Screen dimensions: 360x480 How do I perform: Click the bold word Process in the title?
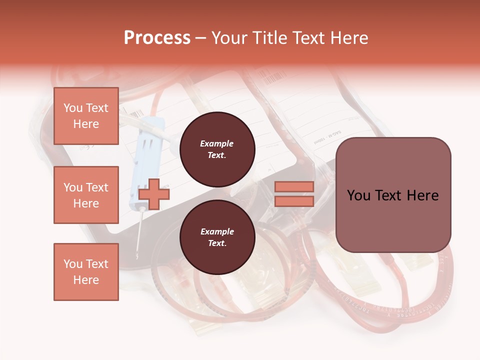coord(157,37)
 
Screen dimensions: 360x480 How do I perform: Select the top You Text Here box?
coord(86,116)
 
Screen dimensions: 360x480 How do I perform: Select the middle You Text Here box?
coord(86,195)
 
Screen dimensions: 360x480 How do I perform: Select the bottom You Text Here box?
coord(86,271)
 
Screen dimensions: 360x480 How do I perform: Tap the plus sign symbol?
coord(154,194)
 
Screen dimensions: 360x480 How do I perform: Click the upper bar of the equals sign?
coord(294,186)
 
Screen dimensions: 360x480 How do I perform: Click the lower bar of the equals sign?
coord(294,201)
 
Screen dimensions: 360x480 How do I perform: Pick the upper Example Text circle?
coord(217,149)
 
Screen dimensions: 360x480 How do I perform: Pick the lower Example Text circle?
coord(217,237)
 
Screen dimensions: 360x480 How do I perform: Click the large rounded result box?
coord(393,195)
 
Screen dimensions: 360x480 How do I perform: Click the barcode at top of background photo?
coord(272,77)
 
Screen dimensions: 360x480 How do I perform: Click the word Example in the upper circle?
coord(217,143)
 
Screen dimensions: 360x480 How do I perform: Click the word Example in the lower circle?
coord(217,231)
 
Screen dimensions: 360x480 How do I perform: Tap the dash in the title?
coord(200,38)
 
